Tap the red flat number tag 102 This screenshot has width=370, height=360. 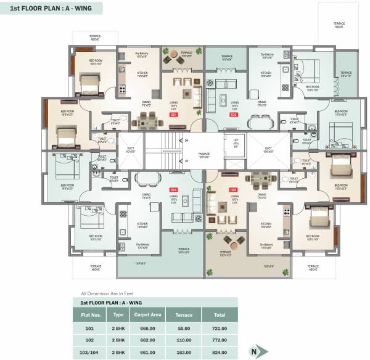click(233, 115)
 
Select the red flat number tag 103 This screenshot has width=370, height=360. click(233, 189)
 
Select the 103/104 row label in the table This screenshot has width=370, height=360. click(90, 351)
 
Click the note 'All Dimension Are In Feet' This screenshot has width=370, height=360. click(102, 293)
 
